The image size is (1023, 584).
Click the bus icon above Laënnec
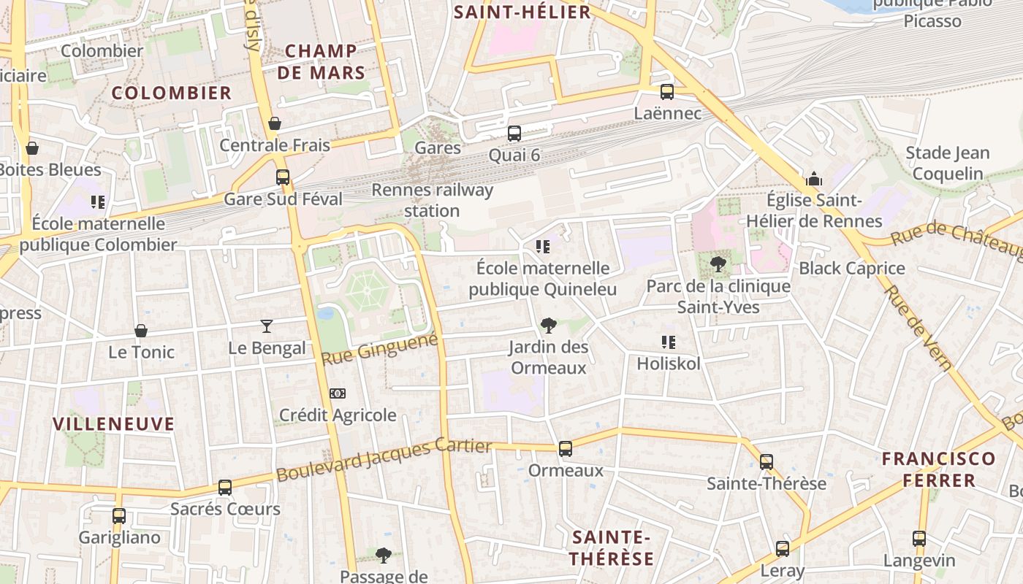pyautogui.click(x=666, y=92)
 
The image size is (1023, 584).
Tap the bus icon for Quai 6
pyautogui.click(x=514, y=134)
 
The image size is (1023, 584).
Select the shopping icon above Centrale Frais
pyautogui.click(x=275, y=123)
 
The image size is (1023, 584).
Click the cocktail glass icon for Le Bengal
pyautogui.click(x=267, y=326)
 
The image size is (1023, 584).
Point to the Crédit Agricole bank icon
pyautogui.click(x=337, y=393)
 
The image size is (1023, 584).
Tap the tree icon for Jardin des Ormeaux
pyautogui.click(x=548, y=326)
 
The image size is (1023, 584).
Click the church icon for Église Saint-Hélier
pyautogui.click(x=813, y=179)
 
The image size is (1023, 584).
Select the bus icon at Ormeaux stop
pyautogui.click(x=565, y=449)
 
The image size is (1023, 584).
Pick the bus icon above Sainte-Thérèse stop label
pyautogui.click(x=766, y=462)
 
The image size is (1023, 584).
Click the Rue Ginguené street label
pyautogui.click(x=379, y=349)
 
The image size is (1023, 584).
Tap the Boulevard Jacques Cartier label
pyautogui.click(x=384, y=459)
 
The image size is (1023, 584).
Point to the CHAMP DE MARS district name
pyautogui.click(x=322, y=61)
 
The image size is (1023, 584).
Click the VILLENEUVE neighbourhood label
pyautogui.click(x=114, y=424)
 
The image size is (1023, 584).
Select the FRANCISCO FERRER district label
pyautogui.click(x=938, y=469)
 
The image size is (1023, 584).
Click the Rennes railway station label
pyautogui.click(x=432, y=200)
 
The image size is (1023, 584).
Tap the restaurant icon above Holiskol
pyautogui.click(x=667, y=342)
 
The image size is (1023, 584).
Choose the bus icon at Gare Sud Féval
pyautogui.click(x=282, y=177)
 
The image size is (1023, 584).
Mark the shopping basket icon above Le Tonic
pyautogui.click(x=141, y=331)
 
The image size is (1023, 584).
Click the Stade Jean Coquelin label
pyautogui.click(x=947, y=163)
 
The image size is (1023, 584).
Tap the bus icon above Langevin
pyautogui.click(x=919, y=539)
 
